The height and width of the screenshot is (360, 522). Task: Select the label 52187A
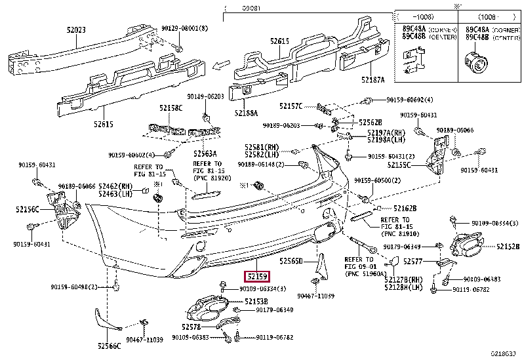click(372, 79)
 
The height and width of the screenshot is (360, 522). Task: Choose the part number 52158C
click(170, 107)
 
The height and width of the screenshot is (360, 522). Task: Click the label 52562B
click(371, 123)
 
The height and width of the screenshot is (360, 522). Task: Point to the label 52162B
click(405, 208)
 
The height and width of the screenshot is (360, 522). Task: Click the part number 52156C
click(28, 209)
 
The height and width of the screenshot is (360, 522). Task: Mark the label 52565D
click(291, 261)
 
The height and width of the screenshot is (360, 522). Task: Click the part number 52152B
click(508, 247)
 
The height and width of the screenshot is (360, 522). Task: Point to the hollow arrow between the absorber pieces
click(224, 64)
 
